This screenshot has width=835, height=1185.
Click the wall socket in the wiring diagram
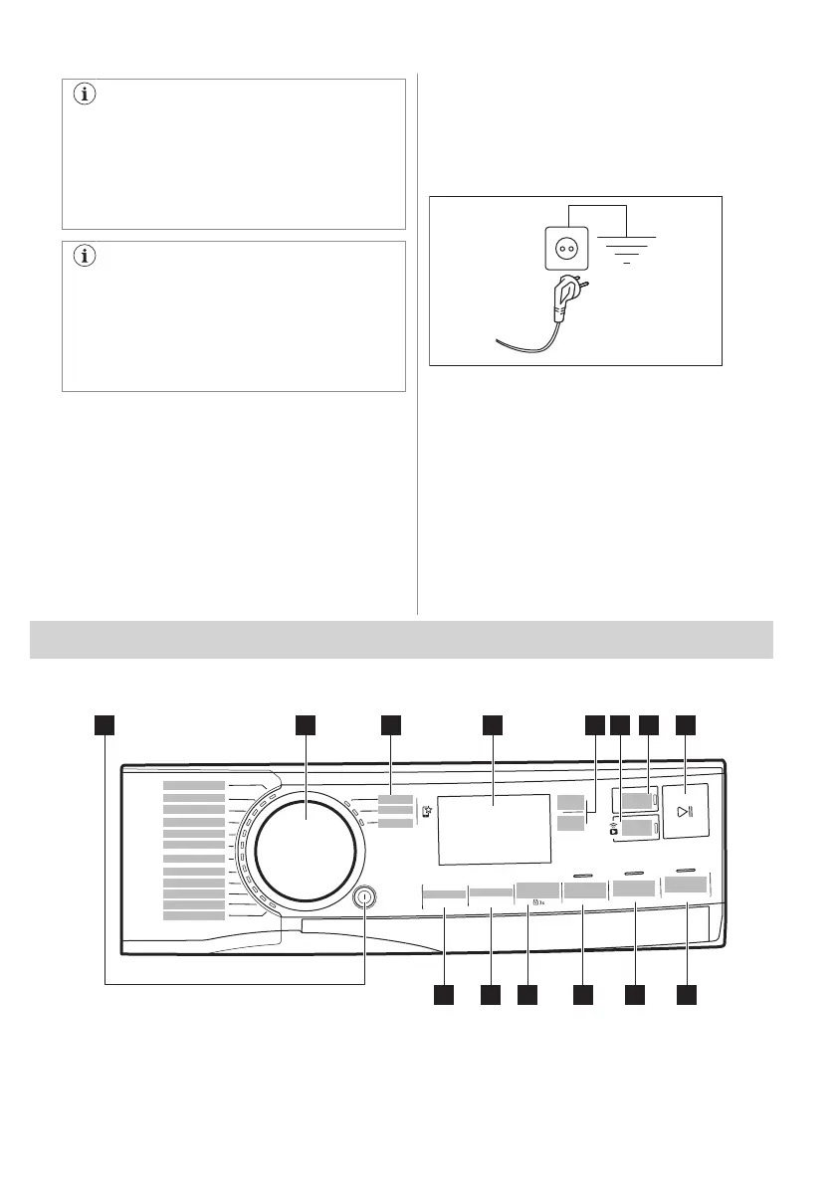(562, 245)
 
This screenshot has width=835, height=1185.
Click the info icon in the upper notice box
(86, 97)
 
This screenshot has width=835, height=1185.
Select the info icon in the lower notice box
(86, 257)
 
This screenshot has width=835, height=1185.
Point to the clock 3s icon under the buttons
(538, 903)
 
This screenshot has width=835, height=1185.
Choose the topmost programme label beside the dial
(194, 786)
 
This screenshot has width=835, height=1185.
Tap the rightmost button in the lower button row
(688, 886)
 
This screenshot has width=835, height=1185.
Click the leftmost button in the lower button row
(444, 894)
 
